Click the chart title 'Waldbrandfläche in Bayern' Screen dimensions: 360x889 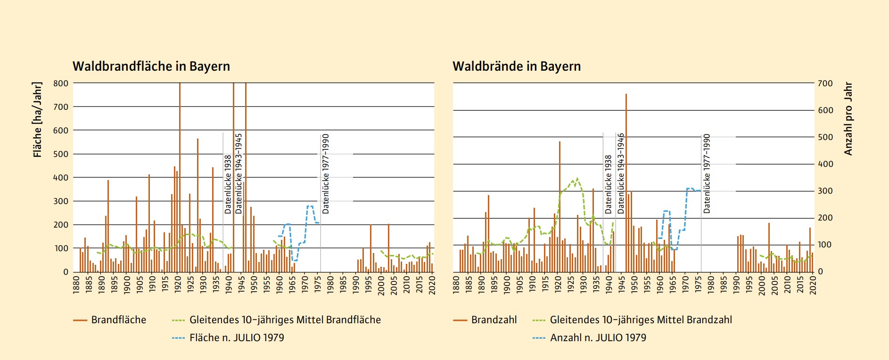[x=151, y=66]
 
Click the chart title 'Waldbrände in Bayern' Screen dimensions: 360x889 [x=516, y=66]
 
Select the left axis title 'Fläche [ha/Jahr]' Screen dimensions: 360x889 [x=38, y=119]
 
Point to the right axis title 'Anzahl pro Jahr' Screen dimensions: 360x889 [x=848, y=119]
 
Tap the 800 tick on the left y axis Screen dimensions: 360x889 [x=61, y=83]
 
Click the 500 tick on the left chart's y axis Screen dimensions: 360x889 [x=61, y=154]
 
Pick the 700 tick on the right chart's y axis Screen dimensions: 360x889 [x=825, y=83]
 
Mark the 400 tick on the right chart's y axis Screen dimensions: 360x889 [x=825, y=164]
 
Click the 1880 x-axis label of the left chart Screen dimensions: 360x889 [x=76, y=285]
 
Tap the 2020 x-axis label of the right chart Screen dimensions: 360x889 [x=813, y=285]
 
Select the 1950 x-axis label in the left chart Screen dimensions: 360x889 [x=254, y=285]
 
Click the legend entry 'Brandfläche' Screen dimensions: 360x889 [x=118, y=320]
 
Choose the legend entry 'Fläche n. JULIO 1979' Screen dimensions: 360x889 [x=237, y=338]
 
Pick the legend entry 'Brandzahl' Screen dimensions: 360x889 [x=494, y=320]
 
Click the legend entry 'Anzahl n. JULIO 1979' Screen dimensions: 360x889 [x=598, y=338]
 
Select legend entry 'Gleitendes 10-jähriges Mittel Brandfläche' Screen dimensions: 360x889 [x=285, y=320]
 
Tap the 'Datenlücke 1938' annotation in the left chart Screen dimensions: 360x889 [x=228, y=184]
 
